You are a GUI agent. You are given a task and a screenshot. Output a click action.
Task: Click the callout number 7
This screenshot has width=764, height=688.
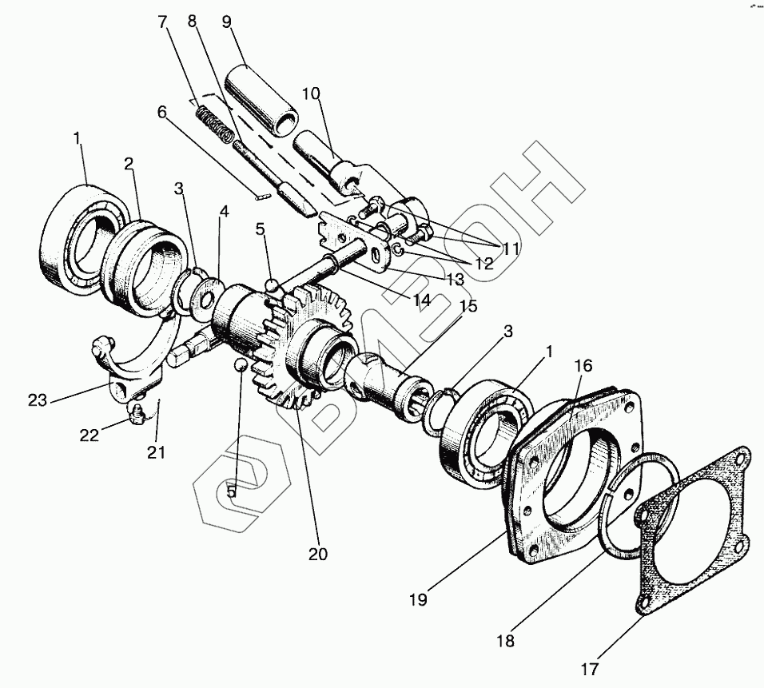tap(163, 22)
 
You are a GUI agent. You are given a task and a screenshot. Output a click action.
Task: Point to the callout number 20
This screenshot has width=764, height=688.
tap(317, 554)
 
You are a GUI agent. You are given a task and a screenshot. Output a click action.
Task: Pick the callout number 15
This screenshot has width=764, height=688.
tap(468, 306)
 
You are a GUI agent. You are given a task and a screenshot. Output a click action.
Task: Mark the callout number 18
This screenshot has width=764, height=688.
tap(506, 641)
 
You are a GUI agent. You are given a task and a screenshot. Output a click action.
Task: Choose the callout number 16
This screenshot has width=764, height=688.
tap(584, 366)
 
